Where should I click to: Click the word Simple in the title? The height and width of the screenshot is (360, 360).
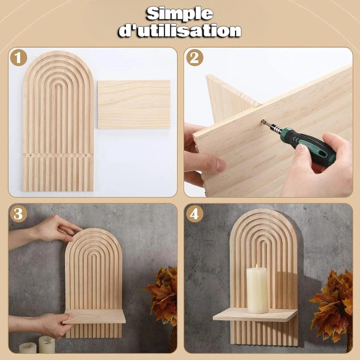[x=180, y=14]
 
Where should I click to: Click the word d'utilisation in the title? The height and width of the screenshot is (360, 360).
[x=180, y=31]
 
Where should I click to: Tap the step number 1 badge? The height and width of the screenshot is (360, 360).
[x=19, y=58]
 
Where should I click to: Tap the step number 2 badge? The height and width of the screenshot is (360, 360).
[x=194, y=58]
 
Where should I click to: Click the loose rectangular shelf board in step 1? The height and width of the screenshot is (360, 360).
[x=134, y=104]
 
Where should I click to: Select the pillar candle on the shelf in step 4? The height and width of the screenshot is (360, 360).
[x=257, y=290]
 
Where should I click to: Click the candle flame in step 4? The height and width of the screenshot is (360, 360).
[x=257, y=266]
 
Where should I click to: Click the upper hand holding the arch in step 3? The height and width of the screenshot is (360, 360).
[x=58, y=228]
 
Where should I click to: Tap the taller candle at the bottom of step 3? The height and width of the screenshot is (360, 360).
[x=46, y=344]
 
